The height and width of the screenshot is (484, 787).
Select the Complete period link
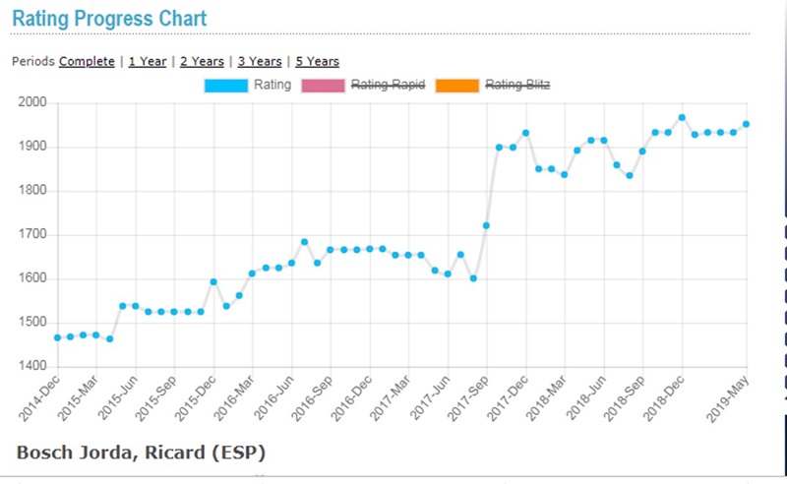tap(87, 61)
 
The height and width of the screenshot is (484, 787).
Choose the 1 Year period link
tap(148, 61)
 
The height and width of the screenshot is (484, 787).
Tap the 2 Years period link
tap(202, 61)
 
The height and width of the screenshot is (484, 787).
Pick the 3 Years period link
tap(259, 61)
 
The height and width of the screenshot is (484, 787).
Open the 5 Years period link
tap(317, 61)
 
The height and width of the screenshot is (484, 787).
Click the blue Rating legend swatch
tap(226, 86)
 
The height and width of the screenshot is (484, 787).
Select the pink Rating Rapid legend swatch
tap(325, 86)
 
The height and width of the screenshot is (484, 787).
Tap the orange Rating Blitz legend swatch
tap(458, 86)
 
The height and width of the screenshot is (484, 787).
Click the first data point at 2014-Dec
tap(57, 337)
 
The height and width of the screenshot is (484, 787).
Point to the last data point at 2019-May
tap(746, 124)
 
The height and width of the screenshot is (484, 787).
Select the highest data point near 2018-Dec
tap(682, 117)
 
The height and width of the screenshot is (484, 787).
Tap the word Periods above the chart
tap(33, 61)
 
